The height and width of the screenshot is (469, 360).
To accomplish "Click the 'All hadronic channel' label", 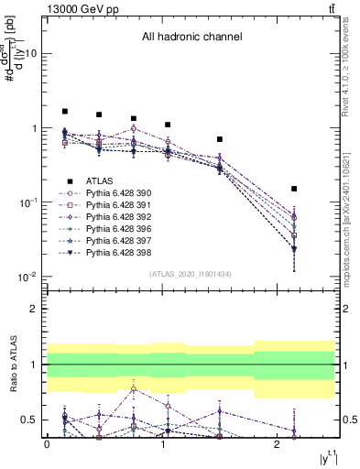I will point(191,38).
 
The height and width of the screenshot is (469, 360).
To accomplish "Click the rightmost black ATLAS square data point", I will point(294,189).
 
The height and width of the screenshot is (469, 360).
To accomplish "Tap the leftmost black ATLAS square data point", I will point(65,111).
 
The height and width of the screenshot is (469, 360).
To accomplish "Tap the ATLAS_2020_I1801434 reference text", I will point(191,274).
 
